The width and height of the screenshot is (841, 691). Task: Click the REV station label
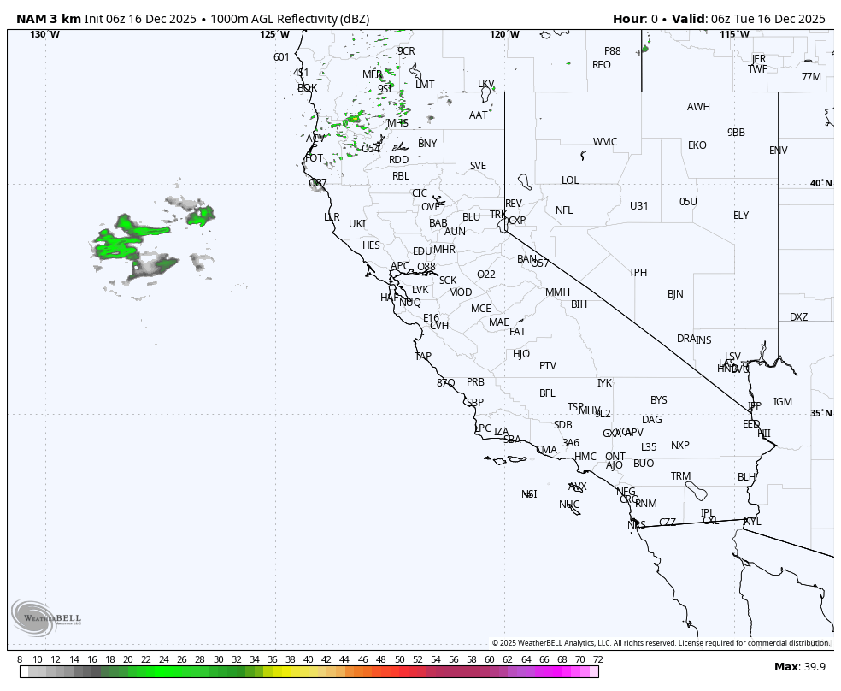tap(513, 204)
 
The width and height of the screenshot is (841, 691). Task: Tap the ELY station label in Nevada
tap(741, 216)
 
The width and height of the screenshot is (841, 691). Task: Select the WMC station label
tap(605, 142)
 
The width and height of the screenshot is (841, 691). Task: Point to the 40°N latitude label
tap(820, 184)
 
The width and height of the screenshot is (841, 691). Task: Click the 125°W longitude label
tap(275, 35)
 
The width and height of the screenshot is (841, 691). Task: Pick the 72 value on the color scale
tap(597, 659)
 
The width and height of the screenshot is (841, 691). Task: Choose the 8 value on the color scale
tap(20, 659)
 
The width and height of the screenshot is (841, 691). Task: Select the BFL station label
tap(547, 393)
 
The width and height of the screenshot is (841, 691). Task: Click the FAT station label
tap(517, 332)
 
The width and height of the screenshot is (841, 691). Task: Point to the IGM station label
tap(783, 402)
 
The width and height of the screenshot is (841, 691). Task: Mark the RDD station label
tap(399, 160)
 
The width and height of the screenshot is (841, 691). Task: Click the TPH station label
tap(638, 273)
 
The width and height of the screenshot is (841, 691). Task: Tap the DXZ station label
tap(798, 317)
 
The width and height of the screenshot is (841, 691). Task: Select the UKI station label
tap(357, 224)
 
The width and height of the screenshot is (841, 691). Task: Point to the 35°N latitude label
tap(820, 414)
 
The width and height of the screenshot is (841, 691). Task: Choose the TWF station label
tap(758, 69)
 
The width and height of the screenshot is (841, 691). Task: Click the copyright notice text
tap(661, 643)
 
